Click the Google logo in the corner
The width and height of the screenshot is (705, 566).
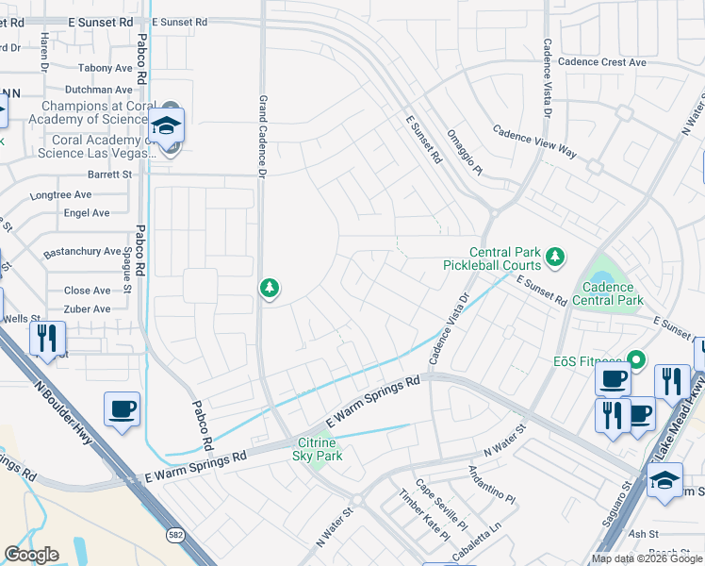[x=32, y=555]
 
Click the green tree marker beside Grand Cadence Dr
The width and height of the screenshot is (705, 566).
[x=270, y=288]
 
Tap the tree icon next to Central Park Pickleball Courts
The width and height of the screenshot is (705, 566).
[x=556, y=256]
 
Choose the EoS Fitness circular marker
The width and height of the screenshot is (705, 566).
[x=636, y=358]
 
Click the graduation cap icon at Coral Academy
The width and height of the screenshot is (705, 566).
[x=167, y=125]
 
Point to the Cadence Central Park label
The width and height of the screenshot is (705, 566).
[x=612, y=293]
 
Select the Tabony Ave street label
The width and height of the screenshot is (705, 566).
[x=106, y=68]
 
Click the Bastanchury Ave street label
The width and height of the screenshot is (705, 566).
[x=82, y=253]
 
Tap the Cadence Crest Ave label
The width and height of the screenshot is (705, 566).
[x=601, y=62]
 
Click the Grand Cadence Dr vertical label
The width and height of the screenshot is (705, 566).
[x=263, y=135]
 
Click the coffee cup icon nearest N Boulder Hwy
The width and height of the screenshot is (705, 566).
[x=122, y=410]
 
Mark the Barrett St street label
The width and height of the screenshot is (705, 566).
[x=109, y=175]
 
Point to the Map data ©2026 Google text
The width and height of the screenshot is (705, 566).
[x=646, y=558]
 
